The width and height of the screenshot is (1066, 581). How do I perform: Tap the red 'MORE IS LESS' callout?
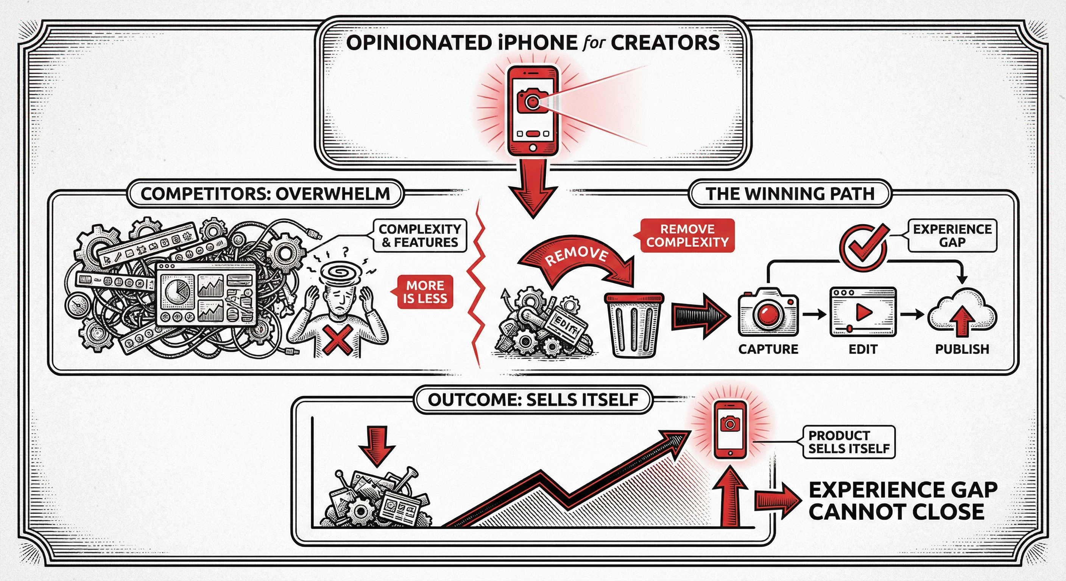point(425,292)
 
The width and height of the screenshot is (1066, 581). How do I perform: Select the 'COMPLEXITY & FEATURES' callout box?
point(419,236)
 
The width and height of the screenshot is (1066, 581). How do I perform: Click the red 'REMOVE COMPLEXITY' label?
point(687,236)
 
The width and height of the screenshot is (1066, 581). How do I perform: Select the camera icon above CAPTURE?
point(768,312)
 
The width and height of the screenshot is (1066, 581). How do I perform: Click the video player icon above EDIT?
point(863,312)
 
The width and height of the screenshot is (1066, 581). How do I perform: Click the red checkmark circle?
point(863,247)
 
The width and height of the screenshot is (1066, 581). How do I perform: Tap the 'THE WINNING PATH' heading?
point(790,194)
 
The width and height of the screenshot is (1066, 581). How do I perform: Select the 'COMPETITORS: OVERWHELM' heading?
point(265,194)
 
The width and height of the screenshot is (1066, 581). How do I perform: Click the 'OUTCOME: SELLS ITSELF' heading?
point(533,399)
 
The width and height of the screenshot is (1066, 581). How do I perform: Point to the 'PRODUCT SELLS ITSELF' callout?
point(849,442)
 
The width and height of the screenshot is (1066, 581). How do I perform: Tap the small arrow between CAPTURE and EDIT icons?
point(814,315)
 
